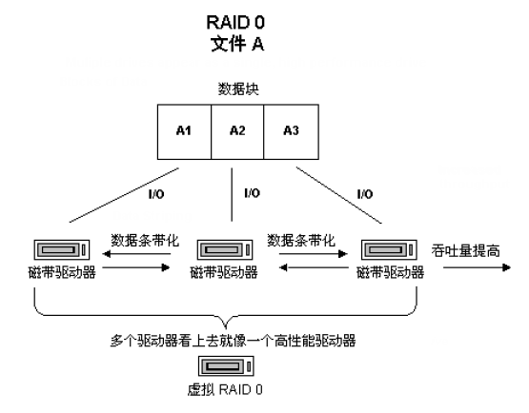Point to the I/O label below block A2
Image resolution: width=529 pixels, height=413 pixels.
[252, 193]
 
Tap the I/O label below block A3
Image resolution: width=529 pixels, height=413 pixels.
[364, 194]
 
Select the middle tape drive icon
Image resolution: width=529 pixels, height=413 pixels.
[224, 252]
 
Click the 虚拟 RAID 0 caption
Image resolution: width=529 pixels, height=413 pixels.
[225, 390]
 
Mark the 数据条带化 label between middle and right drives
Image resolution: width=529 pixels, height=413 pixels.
[302, 239]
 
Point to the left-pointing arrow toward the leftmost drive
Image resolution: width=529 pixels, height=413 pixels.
[113, 253]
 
